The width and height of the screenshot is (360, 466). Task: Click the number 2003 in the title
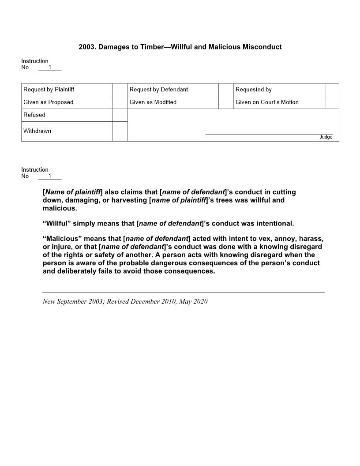pyautogui.click(x=86, y=47)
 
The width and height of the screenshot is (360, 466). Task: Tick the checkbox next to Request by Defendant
pyautogui.click(x=225, y=90)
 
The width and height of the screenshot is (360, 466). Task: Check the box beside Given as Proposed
pyautogui.click(x=120, y=102)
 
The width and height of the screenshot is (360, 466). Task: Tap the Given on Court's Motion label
pyautogui.click(x=267, y=102)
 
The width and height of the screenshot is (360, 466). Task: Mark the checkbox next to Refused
pyautogui.click(x=120, y=115)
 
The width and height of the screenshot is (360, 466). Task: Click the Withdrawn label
pyautogui.click(x=37, y=131)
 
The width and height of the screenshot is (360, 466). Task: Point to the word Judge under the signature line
pyautogui.click(x=326, y=137)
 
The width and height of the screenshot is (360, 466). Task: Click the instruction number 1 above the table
pyautogui.click(x=50, y=68)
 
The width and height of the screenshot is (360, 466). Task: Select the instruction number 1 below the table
pyautogui.click(x=50, y=177)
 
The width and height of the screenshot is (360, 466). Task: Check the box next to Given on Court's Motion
pyautogui.click(x=332, y=102)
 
